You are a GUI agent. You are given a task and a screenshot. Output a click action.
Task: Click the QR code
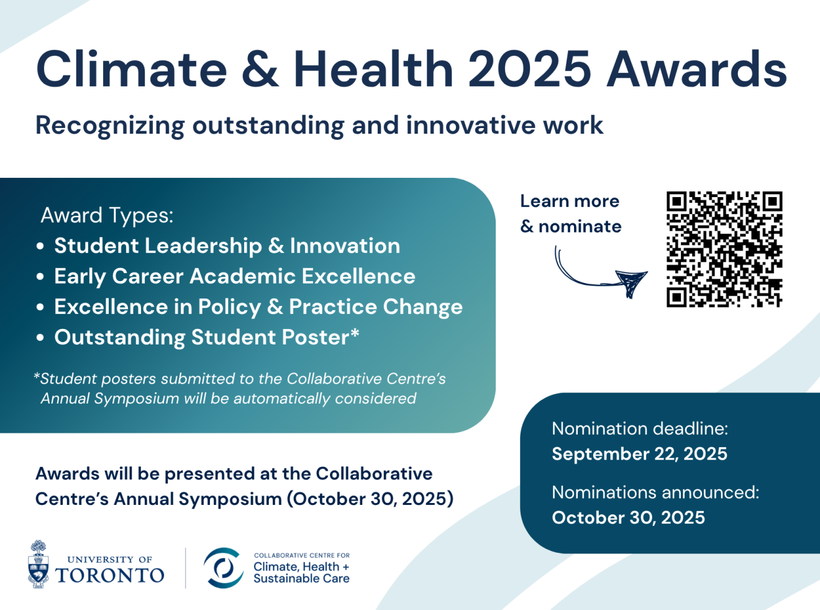coord(724,249)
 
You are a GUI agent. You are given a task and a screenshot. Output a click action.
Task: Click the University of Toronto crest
coord(39,564)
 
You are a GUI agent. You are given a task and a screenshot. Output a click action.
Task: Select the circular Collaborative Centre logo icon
coord(223,568)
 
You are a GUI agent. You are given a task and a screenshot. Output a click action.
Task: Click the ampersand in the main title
coord(260,69)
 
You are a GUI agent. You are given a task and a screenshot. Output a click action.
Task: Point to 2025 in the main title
coord(529,69)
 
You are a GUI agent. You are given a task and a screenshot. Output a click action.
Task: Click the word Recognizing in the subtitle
coord(110,126)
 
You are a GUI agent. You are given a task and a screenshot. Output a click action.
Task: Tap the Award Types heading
coord(107,215)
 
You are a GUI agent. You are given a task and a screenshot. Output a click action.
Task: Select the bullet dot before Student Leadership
coord(40,246)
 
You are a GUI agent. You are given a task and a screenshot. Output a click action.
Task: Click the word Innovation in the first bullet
coord(345,246)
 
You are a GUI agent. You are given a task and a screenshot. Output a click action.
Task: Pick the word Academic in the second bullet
coord(242,276)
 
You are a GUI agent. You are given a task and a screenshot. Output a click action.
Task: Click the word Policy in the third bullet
coord(229,307)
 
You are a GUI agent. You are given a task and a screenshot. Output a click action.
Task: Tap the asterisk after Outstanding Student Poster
coord(355,333)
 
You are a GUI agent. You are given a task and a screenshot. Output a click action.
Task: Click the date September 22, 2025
coord(639,454)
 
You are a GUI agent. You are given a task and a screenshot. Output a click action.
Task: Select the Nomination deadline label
coord(640,428)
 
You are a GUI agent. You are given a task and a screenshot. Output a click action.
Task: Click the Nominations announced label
coord(655,492)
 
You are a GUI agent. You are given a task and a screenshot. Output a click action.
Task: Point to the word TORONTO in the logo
coord(110,575)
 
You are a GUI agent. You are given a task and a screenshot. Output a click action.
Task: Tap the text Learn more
coord(570,201)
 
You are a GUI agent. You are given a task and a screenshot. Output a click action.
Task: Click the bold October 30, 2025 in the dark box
coord(628,517)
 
